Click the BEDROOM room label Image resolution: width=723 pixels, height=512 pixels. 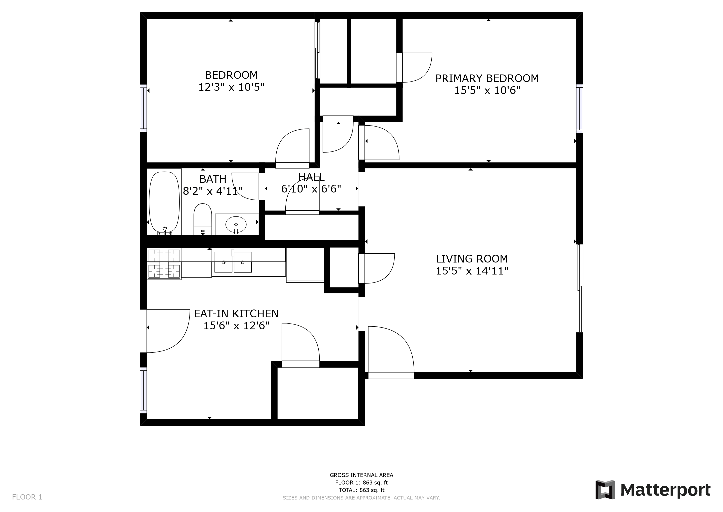[x=231, y=75]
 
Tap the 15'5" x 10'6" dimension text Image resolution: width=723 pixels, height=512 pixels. [x=487, y=90]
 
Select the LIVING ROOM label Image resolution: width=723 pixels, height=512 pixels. [x=472, y=259]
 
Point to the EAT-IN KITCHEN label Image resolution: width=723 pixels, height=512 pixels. [x=236, y=314]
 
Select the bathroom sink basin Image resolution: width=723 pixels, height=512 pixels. [x=236, y=224]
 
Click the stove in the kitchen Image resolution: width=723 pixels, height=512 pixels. [x=164, y=264]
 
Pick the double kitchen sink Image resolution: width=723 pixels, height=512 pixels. [x=233, y=262]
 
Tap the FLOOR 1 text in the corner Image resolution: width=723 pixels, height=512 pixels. [x=27, y=497]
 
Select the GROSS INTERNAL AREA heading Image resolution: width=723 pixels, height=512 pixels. [x=361, y=475]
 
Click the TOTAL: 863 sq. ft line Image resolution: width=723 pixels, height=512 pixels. [x=361, y=490]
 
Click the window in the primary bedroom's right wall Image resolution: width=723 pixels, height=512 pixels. [x=579, y=109]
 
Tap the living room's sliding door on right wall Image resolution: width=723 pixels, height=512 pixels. [x=579, y=288]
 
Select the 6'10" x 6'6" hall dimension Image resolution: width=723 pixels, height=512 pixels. [x=311, y=189]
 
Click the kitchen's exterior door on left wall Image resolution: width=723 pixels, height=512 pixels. [x=144, y=331]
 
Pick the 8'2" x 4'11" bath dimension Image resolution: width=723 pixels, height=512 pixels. [x=213, y=191]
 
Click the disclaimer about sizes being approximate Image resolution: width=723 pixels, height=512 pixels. [x=361, y=498]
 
